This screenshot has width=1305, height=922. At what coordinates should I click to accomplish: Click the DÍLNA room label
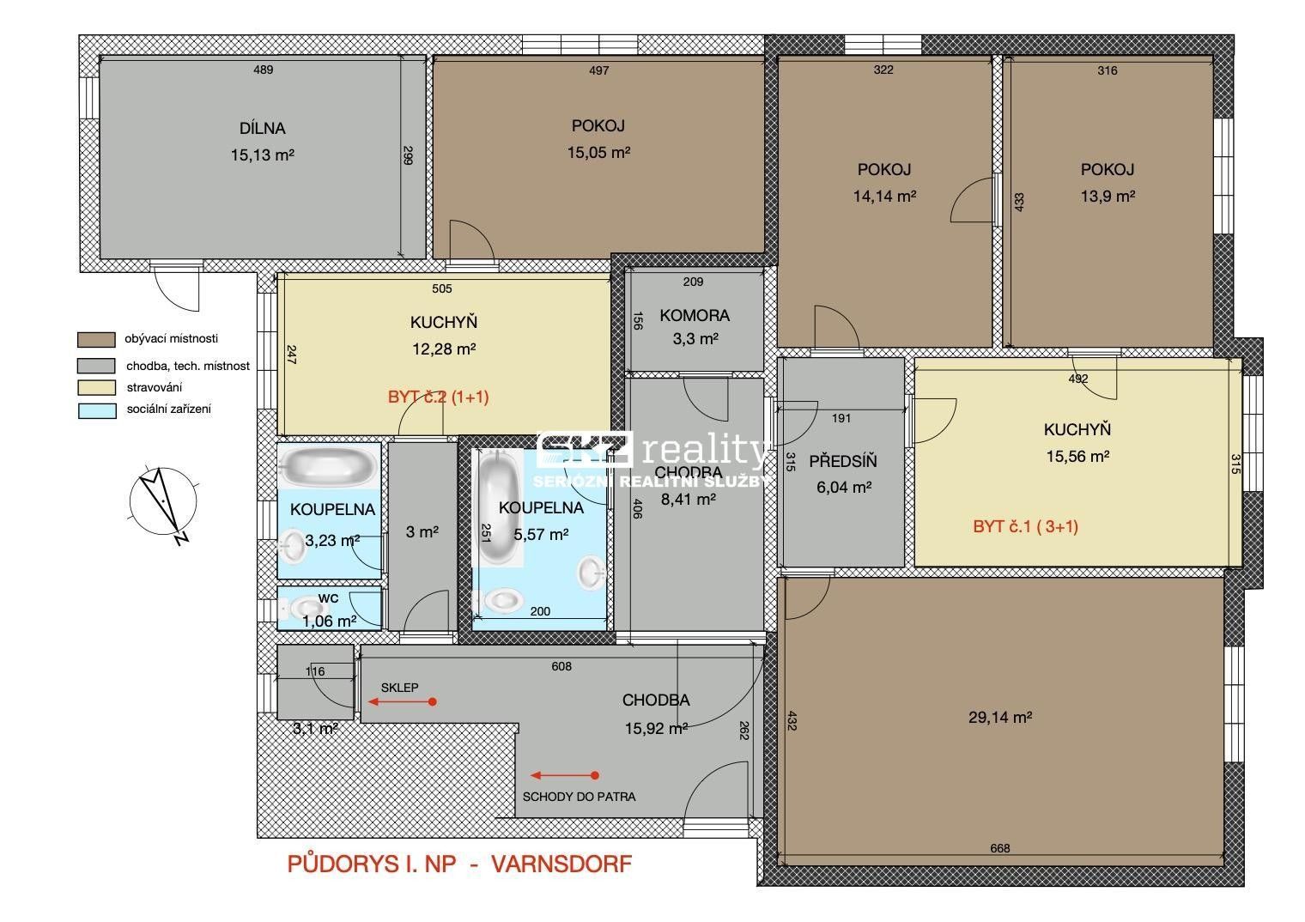pos(263,129)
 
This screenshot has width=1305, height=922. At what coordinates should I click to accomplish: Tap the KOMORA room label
pos(694,315)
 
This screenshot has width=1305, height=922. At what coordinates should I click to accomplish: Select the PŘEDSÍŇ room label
pos(841,461)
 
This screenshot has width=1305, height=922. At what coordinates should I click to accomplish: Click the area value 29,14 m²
pos(999,718)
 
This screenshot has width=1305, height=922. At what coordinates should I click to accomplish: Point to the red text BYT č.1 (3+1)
pos(1025,526)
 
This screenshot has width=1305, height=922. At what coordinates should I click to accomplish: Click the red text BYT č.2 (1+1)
pos(438,397)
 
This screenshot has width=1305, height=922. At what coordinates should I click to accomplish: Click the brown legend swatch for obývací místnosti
pos(96,339)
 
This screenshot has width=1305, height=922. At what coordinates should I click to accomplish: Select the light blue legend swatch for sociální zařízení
pos(96,409)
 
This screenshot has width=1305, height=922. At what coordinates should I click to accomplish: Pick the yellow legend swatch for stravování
pos(96,387)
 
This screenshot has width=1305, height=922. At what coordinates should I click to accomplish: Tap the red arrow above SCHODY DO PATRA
pos(564,775)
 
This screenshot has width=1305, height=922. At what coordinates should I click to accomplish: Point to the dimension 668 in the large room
pos(999,848)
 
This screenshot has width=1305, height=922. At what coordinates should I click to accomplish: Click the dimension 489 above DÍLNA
pos(263,70)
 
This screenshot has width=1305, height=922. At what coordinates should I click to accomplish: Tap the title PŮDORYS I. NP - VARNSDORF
pos(459,864)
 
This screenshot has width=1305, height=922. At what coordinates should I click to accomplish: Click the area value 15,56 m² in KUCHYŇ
pos(1077,457)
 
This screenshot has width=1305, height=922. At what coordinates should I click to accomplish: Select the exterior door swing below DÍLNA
pos(178,286)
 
